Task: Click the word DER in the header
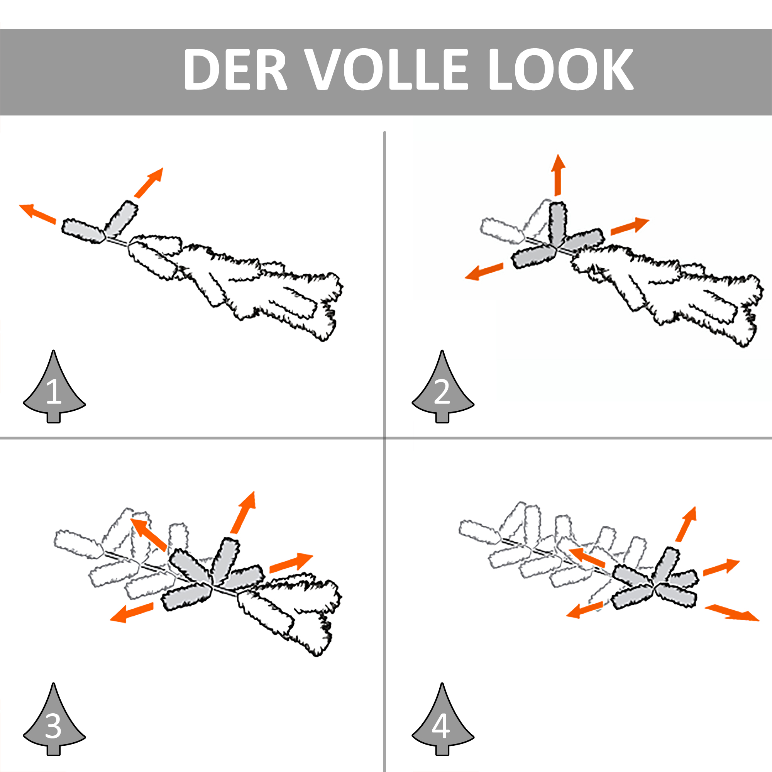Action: [x=235, y=69]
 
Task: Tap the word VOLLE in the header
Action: [x=386, y=69]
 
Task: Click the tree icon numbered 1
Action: [x=54, y=386]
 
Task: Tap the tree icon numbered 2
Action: [x=443, y=386]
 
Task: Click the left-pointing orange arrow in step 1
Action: [x=37, y=214]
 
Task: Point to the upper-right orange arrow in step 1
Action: [x=149, y=183]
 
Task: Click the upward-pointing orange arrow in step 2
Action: [x=558, y=175]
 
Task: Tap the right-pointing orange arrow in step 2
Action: [x=630, y=226]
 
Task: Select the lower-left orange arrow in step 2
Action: [x=484, y=271]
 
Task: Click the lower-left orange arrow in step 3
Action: [x=132, y=613]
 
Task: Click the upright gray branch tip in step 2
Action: [x=558, y=224]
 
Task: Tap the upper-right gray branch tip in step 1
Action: [x=121, y=218]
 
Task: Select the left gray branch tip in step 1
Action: [x=83, y=231]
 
